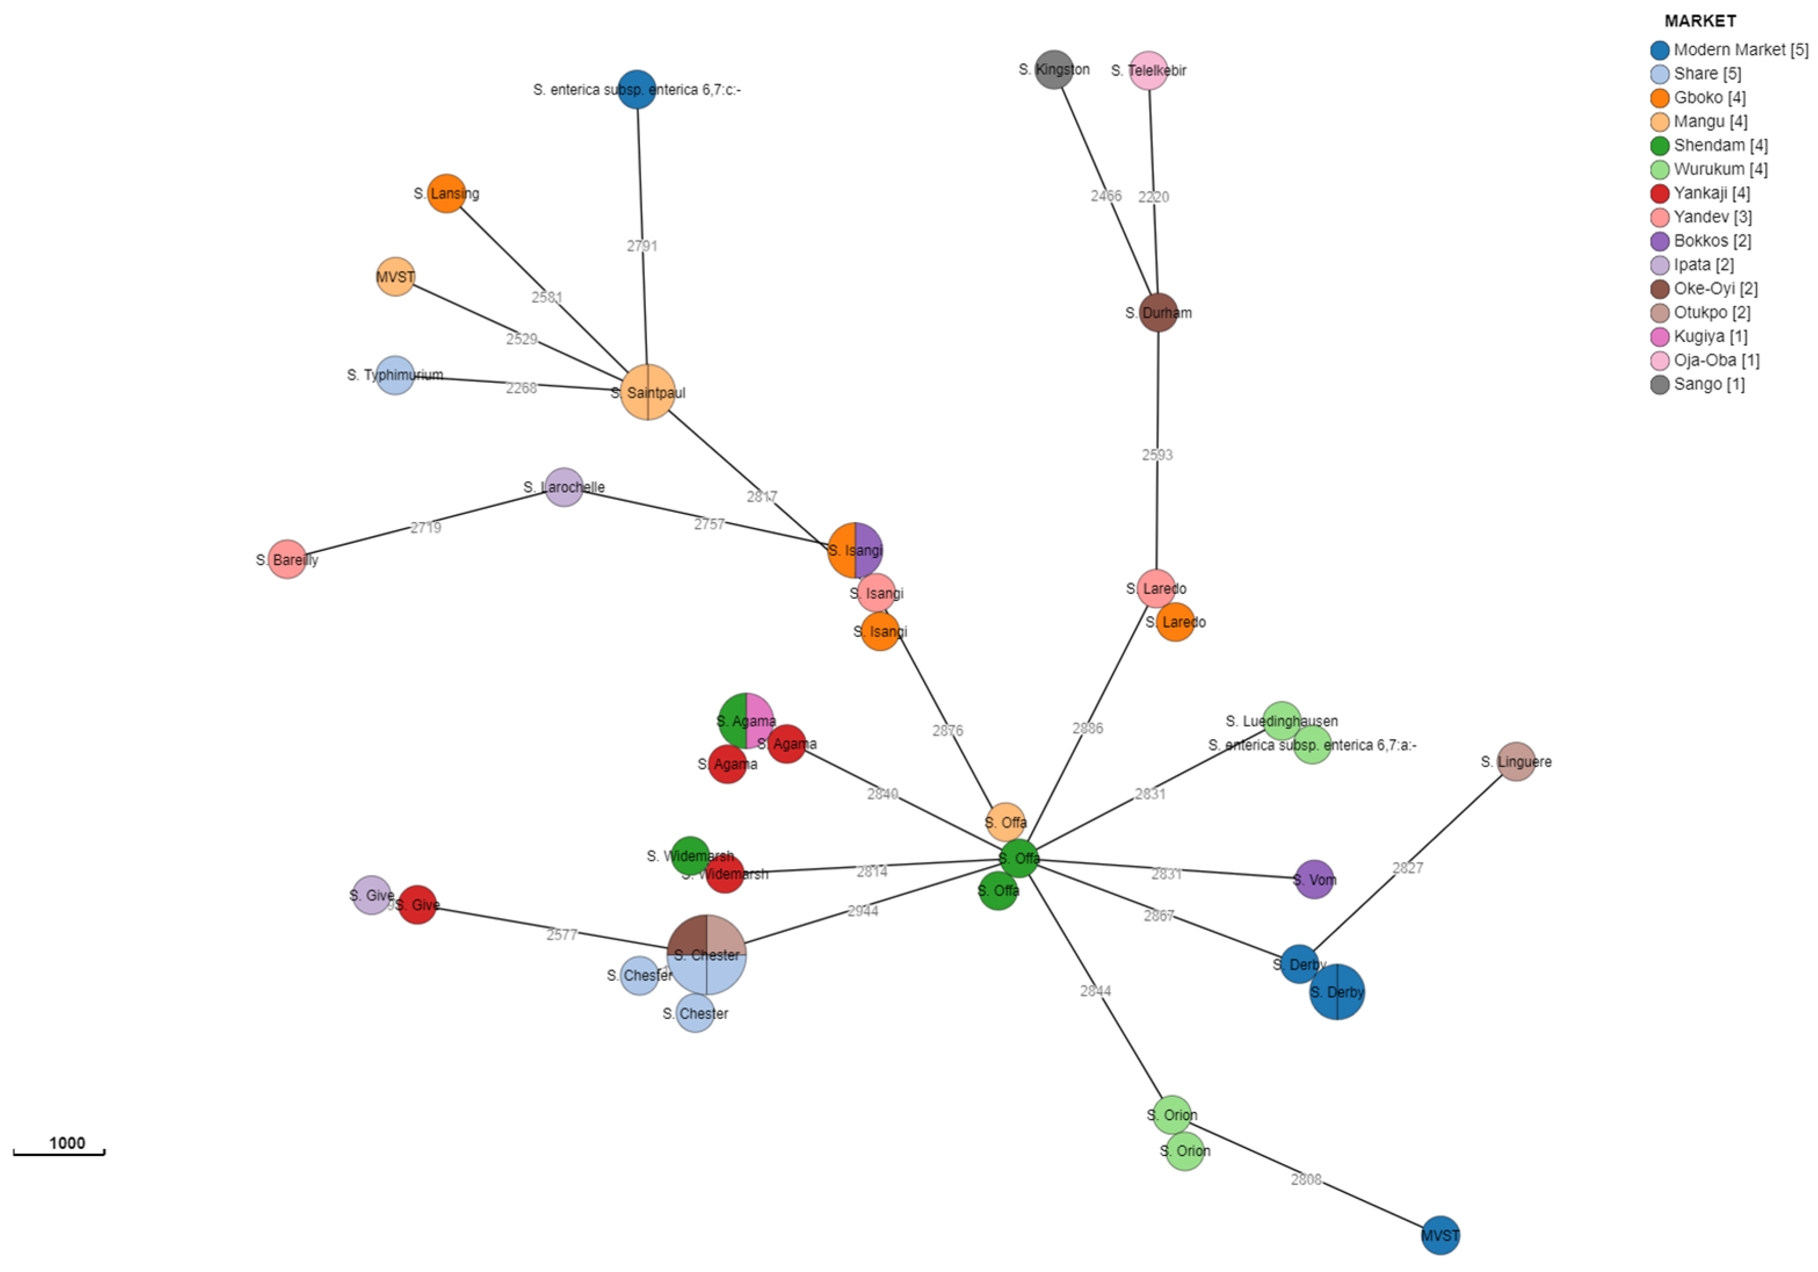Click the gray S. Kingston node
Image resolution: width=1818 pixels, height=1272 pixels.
click(1054, 70)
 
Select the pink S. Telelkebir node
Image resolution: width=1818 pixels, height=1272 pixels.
click(1148, 71)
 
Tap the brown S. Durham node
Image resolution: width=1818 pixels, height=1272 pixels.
click(1159, 313)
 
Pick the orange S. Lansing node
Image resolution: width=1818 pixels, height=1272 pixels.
click(447, 193)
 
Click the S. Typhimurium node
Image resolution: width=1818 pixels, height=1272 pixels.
click(395, 375)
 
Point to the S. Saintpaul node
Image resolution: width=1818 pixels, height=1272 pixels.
click(648, 392)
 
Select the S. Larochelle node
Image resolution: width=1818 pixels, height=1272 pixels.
click(564, 487)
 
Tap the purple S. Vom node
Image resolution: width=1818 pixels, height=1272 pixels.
click(1315, 879)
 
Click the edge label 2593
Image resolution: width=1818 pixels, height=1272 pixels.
click(1157, 455)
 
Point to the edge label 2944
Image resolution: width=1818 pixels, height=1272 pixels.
click(862, 911)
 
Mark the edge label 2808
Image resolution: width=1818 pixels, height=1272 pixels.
click(1306, 1179)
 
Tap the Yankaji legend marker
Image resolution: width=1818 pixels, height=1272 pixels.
click(1660, 193)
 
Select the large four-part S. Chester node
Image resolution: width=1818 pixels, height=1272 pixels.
click(706, 954)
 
